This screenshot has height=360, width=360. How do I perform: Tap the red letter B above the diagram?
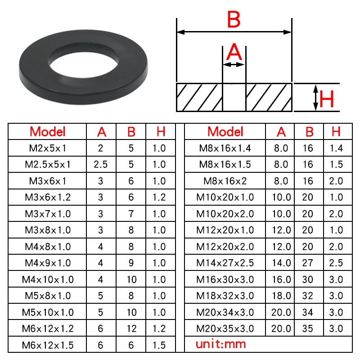coord(234,20)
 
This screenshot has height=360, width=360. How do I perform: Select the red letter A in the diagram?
coord(234,53)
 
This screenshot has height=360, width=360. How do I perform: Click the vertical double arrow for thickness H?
coord(316,97)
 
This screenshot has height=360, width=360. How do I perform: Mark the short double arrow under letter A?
coord(234,65)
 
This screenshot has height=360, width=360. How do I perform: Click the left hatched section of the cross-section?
coord(199,97)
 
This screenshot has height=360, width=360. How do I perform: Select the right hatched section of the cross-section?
coord(268,97)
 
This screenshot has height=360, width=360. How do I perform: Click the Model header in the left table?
coord(47,131)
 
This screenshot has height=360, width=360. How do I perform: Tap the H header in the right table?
coord(336,131)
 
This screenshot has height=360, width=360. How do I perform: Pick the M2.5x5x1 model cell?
coord(47,164)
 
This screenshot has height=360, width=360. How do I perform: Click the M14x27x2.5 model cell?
coord(225,263)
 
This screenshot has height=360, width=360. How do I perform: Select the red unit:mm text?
coord(221,345)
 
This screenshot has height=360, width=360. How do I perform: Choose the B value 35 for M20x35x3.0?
coord(308,328)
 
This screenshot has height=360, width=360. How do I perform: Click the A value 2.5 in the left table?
coord(101,164)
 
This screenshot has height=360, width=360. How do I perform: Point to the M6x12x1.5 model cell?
coord(47,345)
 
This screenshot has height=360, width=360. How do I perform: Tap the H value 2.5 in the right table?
coord(336,263)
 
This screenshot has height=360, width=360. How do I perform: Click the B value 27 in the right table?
coord(308,263)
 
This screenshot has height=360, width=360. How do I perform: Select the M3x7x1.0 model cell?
coord(47,214)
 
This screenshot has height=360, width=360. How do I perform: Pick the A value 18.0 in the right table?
coord(281,296)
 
